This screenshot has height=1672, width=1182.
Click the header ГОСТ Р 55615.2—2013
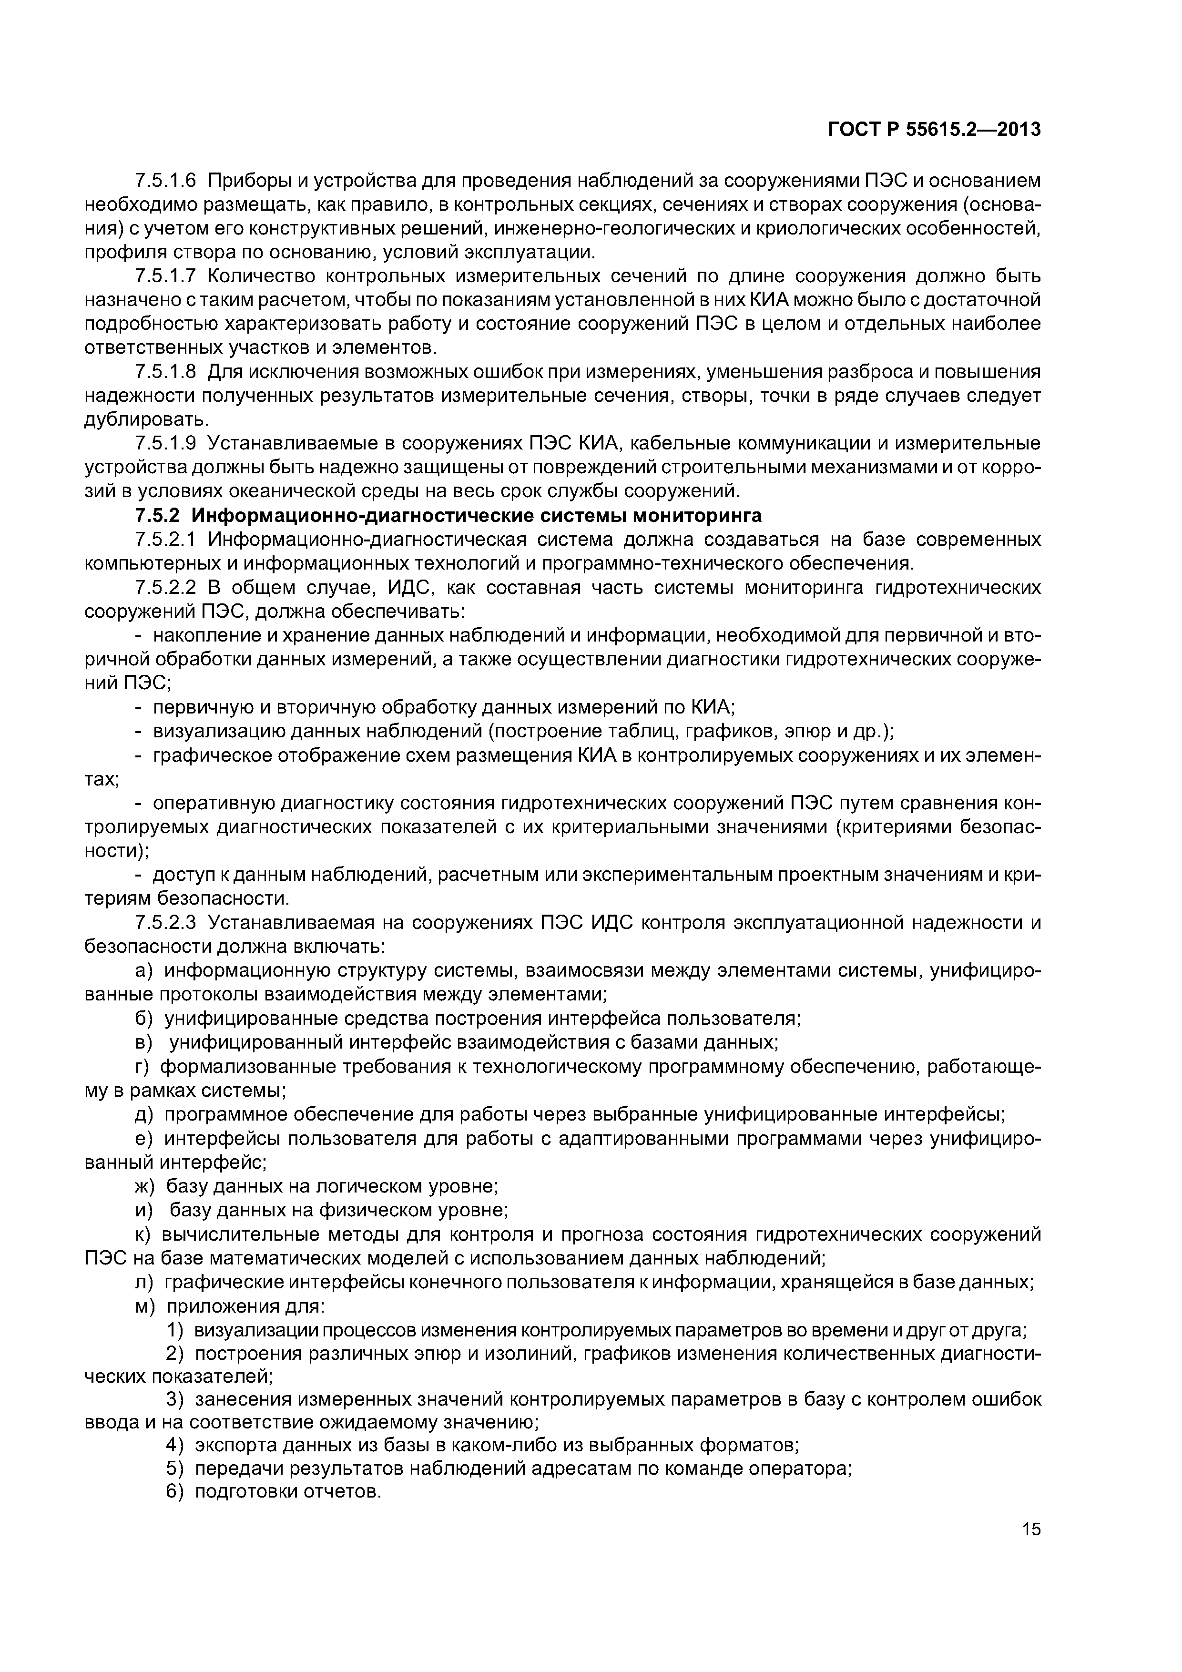click(x=934, y=130)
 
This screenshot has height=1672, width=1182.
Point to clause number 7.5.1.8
click(x=165, y=372)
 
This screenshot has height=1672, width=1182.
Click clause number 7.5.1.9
click(x=165, y=443)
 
